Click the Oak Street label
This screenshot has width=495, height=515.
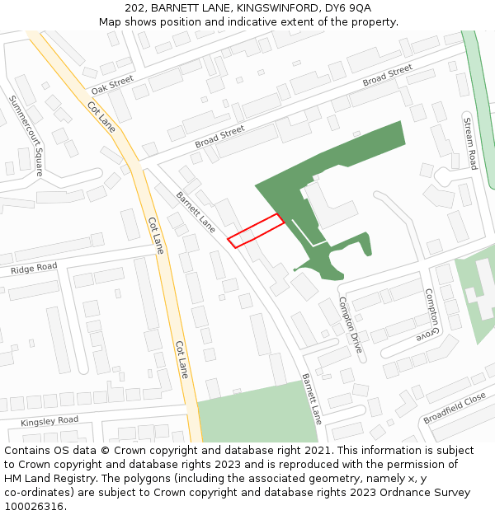[112, 84]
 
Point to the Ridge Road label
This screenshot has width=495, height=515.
[34, 269]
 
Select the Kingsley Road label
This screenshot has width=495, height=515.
[49, 421]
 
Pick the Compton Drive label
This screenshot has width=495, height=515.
[351, 325]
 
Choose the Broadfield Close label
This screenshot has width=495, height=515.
[455, 408]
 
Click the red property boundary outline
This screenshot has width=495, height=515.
[256, 230]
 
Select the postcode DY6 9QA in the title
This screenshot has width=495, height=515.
[348, 7]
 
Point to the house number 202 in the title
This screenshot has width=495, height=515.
[136, 7]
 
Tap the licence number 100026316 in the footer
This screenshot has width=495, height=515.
[35, 507]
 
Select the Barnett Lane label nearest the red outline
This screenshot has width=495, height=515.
[196, 212]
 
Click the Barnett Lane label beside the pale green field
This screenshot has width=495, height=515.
[312, 399]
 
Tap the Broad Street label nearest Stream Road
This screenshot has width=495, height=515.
[387, 77]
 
